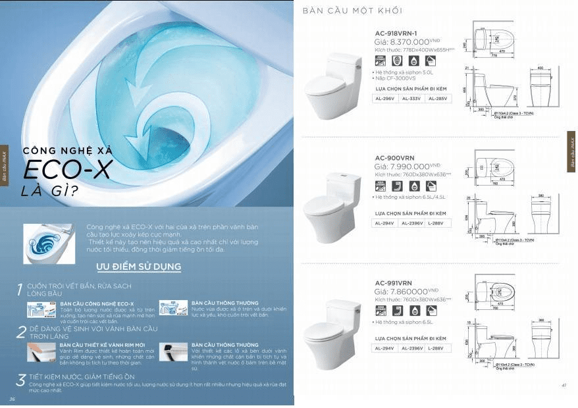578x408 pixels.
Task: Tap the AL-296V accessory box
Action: click(385, 99)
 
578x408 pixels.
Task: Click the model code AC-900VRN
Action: click(395, 158)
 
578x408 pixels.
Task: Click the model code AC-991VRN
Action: click(394, 282)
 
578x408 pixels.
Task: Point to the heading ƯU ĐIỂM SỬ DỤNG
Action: click(138, 267)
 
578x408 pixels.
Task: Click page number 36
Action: click(12, 399)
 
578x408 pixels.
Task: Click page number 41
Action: click(564, 385)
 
